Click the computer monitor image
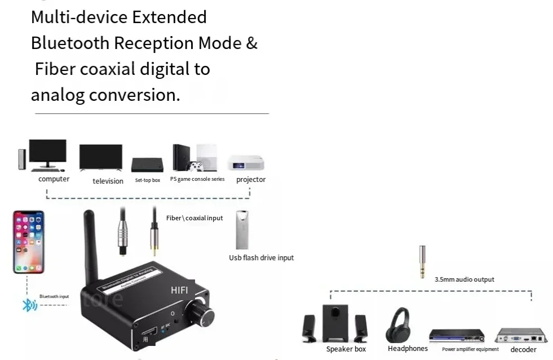point(47,153)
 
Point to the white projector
point(246,163)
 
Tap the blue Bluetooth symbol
point(28,305)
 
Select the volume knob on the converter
point(202,310)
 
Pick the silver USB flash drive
point(242,230)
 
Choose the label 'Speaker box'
point(346,349)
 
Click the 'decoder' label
point(523,350)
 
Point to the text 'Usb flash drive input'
point(261,258)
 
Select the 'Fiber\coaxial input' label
point(194,218)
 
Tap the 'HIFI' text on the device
point(179,290)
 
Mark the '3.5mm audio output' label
point(464,279)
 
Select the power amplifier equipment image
point(457,336)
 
